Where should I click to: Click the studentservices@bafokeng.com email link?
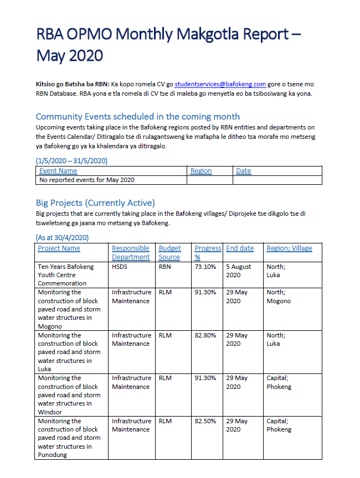pos(220,84)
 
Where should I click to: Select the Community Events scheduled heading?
pos(137,116)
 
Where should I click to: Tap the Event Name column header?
pos(58,171)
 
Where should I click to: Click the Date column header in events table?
pos(244,171)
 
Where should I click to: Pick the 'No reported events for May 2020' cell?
pos(87,180)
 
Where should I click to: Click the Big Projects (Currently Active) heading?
pos(95,202)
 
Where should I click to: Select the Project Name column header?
pos(59,248)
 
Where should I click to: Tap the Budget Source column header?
pos(169,253)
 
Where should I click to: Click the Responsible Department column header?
pos(131,253)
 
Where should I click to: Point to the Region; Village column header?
pos(289,248)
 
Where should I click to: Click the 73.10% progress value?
pos(205,267)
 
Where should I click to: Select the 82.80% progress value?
pos(205,335)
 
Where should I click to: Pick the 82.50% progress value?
pos(205,421)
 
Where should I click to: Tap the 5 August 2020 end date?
pos(239,271)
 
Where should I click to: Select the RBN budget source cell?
pos(165,267)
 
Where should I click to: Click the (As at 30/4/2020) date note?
pos(62,237)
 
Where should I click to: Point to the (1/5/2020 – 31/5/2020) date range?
pos(71,160)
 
